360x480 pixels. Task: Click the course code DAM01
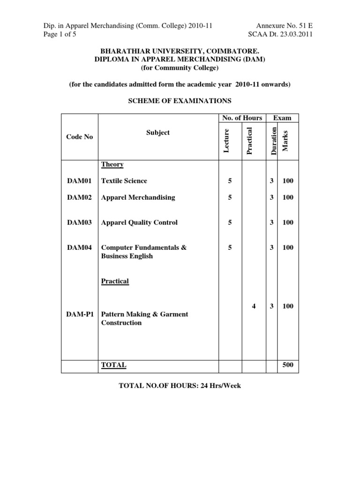[80, 181]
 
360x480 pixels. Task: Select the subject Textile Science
[124, 181]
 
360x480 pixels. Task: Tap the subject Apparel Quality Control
[139, 223]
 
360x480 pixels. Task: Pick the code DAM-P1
[80, 314]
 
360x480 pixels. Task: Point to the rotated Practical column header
[249, 141]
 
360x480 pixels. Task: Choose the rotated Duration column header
[273, 139]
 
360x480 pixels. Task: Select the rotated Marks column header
[285, 141]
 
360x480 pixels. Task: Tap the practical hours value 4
[254, 306]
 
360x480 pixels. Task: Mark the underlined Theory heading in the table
[112, 165]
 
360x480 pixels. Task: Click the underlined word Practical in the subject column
[115, 281]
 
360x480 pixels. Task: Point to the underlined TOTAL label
[113, 365]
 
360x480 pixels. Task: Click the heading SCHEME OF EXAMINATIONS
[180, 101]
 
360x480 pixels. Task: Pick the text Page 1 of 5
[54, 34]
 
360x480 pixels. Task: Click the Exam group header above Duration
[283, 118]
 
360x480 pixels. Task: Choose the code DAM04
[80, 247]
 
